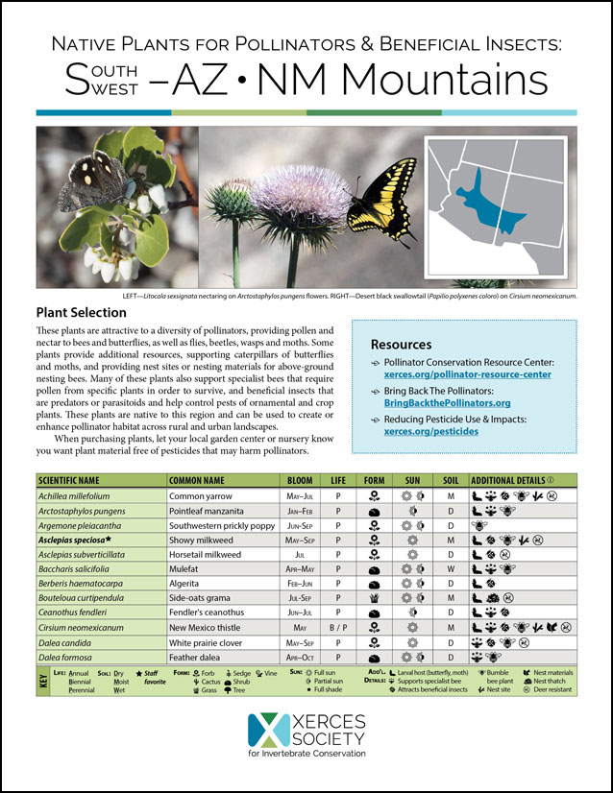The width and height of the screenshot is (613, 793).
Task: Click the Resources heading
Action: [401, 344]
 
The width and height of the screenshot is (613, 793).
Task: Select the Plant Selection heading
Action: [81, 313]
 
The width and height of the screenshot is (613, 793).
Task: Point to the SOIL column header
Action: [450, 479]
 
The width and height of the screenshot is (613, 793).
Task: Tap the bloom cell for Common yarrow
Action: [301, 495]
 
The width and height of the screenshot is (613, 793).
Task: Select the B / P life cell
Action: [337, 627]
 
